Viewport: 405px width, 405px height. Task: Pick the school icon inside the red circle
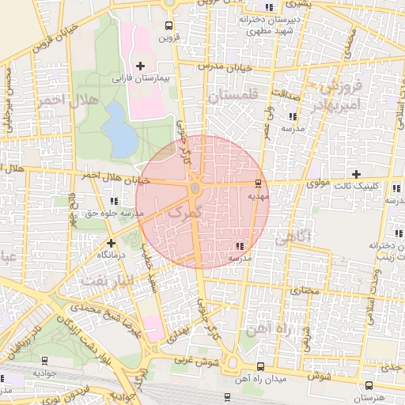[240, 247]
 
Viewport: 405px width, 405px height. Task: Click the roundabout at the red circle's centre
[195, 189]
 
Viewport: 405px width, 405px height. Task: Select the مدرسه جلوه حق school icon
[115, 201]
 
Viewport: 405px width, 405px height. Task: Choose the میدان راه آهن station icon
[261, 365]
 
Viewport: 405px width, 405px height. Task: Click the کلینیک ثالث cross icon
[356, 174]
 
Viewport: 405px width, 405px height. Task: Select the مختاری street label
[306, 291]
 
